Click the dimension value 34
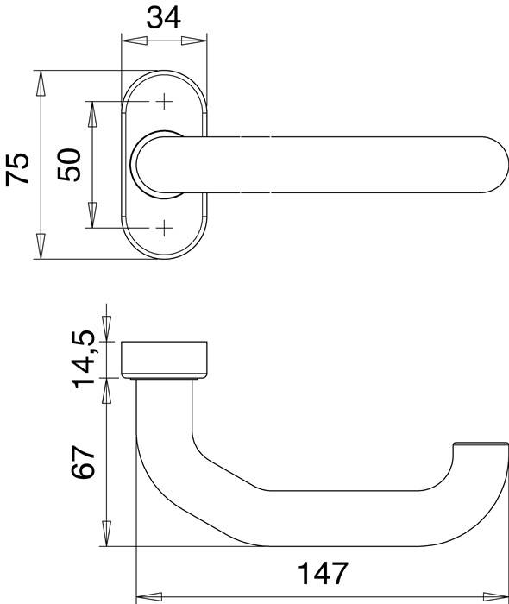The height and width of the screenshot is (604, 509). [164, 17]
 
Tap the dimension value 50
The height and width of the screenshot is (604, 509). [70, 164]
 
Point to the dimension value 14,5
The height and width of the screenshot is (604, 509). [84, 359]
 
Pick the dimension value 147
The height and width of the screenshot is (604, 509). [324, 573]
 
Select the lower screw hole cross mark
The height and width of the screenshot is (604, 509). [164, 228]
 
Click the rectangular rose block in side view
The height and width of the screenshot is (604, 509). [167, 358]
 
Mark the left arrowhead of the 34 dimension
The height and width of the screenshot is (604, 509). [128, 40]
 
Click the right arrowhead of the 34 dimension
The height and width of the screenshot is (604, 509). [202, 40]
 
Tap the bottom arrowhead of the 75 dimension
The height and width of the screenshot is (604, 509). [40, 250]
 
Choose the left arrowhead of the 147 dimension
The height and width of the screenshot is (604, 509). [145, 595]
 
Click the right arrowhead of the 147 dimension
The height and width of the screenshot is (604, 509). [500, 595]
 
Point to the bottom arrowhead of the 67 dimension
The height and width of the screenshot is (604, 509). [106, 537]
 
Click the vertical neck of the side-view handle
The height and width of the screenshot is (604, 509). [164, 414]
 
